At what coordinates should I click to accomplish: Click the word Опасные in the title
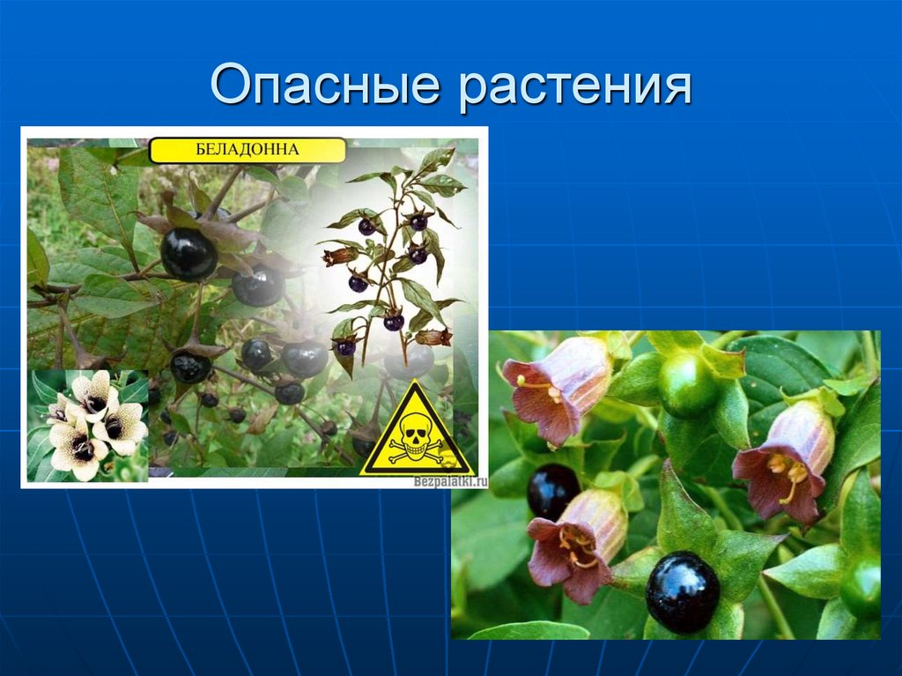pyautogui.click(x=325, y=85)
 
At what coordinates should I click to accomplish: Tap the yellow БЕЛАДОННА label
pyautogui.click(x=247, y=150)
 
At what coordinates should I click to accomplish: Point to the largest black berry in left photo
pyautogui.click(x=189, y=253)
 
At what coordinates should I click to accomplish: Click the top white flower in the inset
pyautogui.click(x=91, y=391)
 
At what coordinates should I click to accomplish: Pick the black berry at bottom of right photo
pyautogui.click(x=683, y=592)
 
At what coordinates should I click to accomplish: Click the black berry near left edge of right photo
pyautogui.click(x=553, y=491)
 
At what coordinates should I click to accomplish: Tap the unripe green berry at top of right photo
pyautogui.click(x=689, y=384)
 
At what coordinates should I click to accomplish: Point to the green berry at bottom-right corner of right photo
pyautogui.click(x=861, y=589)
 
